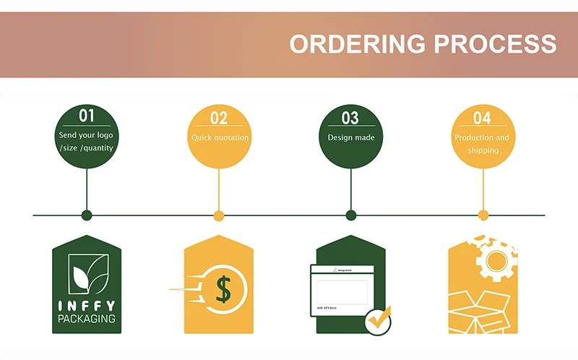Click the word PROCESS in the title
click(496, 43)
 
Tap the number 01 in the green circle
click(87, 116)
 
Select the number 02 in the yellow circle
click(219, 118)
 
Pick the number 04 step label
click(483, 118)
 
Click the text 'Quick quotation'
click(220, 137)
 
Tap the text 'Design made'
click(351, 137)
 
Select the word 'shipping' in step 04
click(483, 150)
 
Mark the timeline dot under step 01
click(87, 215)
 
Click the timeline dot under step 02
click(219, 215)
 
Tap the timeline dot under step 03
click(351, 215)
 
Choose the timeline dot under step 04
click(483, 215)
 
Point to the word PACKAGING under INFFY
click(87, 319)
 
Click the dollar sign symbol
click(223, 290)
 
